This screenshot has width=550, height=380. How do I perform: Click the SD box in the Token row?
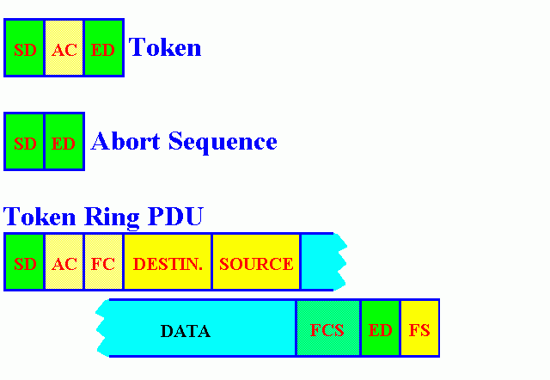point(24,49)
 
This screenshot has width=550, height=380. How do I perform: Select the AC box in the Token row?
point(64,49)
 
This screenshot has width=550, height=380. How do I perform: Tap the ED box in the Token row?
point(103,49)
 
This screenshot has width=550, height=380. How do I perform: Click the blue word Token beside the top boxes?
point(165,47)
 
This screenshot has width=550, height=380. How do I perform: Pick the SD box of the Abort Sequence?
point(24,143)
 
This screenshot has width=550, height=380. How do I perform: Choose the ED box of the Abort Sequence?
point(64,143)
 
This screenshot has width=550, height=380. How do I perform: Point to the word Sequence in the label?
point(223,142)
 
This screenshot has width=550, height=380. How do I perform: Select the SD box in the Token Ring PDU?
point(24,263)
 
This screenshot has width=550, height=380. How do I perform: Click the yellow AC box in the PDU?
point(64,263)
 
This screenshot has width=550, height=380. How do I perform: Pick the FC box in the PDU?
point(103,263)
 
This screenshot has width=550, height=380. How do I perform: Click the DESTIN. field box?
point(168,263)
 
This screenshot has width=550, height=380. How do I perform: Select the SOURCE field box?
point(256,263)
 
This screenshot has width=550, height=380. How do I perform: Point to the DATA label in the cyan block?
point(186,331)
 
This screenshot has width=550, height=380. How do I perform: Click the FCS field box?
point(327,329)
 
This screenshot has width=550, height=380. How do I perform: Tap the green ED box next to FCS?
point(380,329)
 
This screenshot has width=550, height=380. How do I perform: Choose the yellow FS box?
point(419,329)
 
